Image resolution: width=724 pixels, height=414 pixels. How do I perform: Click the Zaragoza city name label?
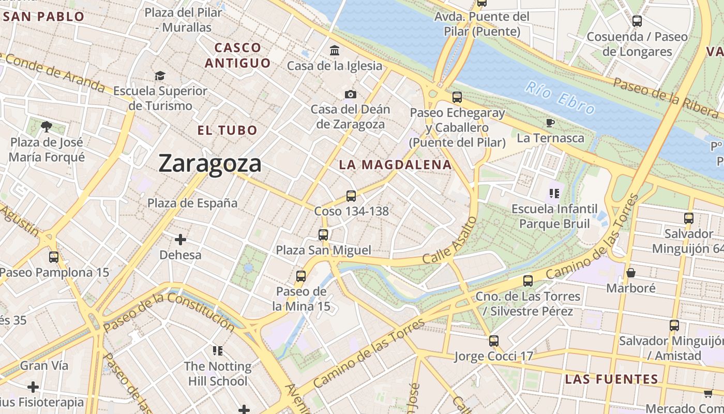209,164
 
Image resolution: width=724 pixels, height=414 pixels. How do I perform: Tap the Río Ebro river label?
560,97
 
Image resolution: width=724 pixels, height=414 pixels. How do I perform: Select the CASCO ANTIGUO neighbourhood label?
237,55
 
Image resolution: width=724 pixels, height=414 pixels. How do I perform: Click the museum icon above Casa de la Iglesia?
335,51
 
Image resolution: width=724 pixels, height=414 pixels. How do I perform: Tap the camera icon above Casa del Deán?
351,94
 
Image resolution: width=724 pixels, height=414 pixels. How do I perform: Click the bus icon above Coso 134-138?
351,196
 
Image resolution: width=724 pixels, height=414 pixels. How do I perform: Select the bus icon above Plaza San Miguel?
323,235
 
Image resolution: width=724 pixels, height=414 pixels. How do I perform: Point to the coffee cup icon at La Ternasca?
550,123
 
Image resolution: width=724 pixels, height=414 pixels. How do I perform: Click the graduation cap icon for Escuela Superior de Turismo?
160,76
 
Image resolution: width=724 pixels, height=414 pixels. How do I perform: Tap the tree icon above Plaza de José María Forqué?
47,126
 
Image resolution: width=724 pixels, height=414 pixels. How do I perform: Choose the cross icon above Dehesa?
180,240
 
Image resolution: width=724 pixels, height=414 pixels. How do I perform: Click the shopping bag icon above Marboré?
630,272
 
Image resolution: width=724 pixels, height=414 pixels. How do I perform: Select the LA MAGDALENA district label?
395,165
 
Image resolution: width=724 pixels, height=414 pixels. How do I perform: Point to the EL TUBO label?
227,130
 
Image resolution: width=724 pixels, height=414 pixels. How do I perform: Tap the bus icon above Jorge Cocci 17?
494,341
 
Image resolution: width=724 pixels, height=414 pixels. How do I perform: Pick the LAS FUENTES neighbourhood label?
611,379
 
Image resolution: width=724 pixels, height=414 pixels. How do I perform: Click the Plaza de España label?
192,203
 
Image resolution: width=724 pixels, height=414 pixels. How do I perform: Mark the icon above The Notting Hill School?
218,351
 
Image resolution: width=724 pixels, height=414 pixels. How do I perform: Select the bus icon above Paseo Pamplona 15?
54,257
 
